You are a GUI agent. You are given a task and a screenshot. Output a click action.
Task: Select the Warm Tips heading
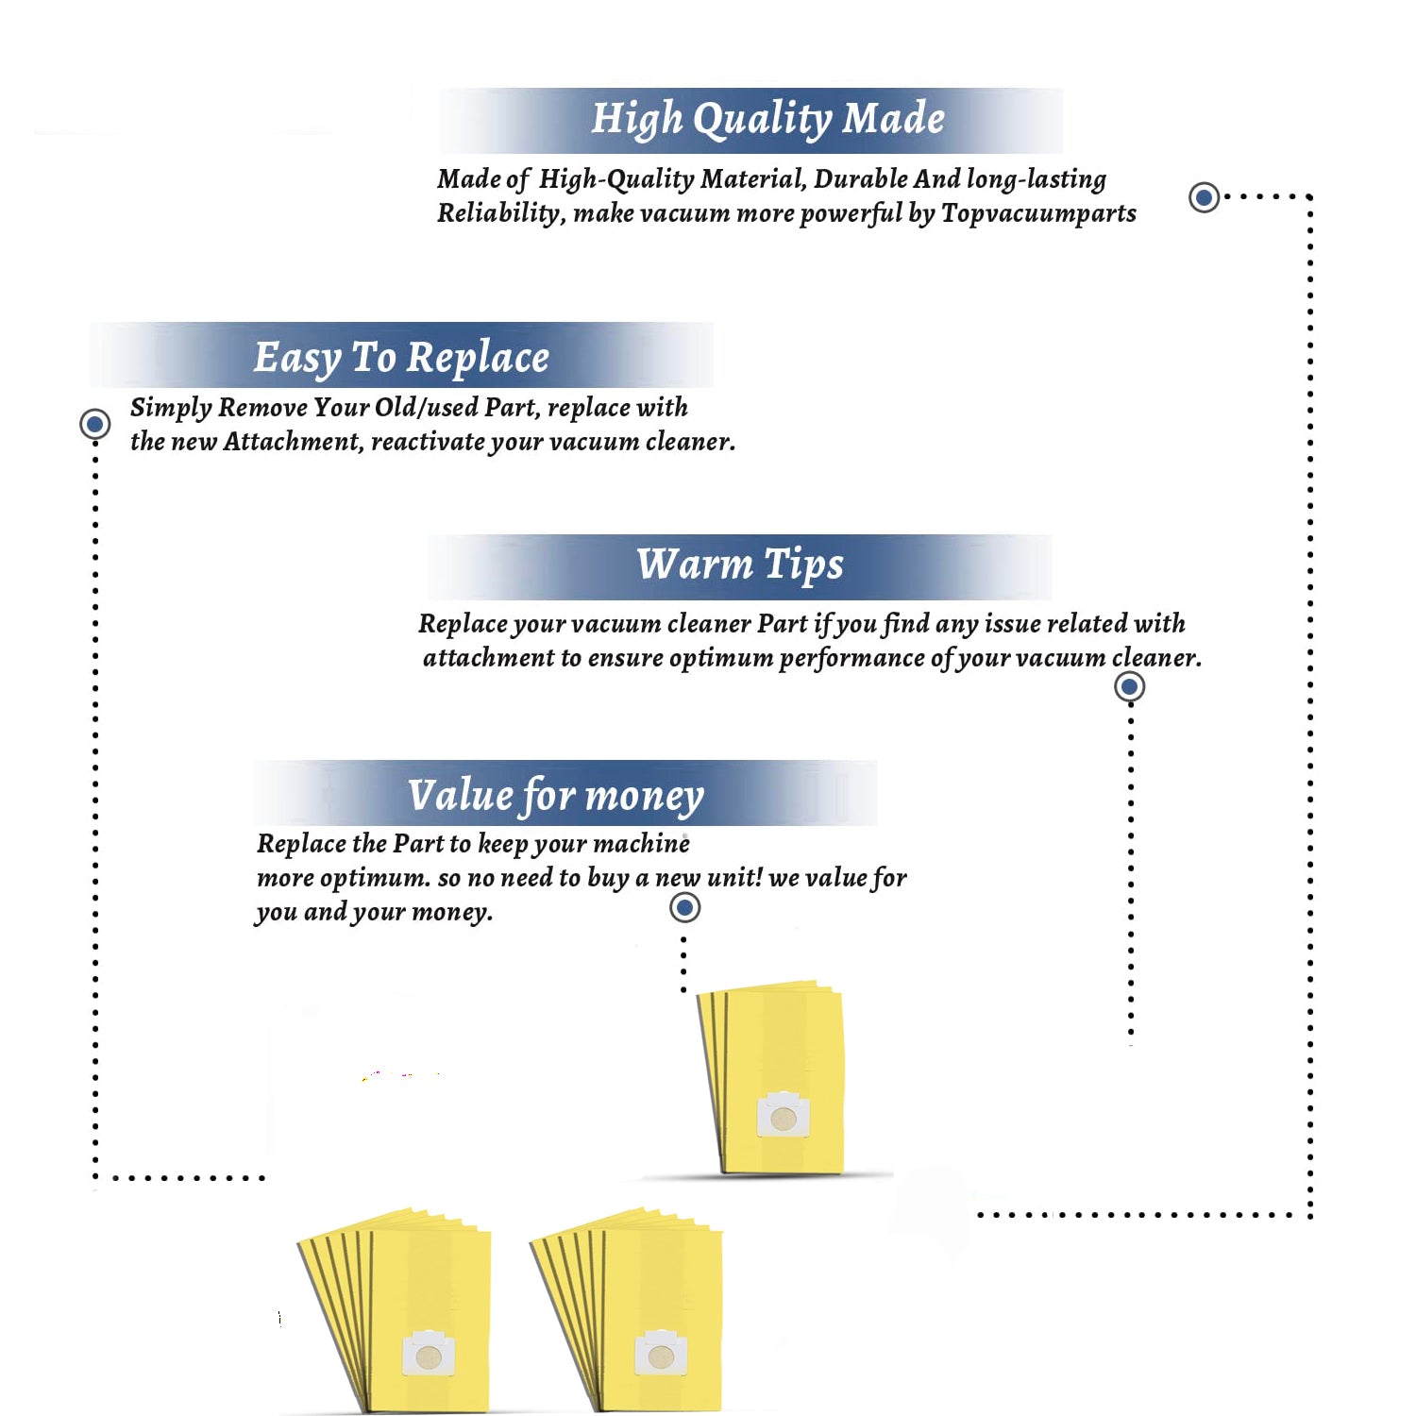[739, 565]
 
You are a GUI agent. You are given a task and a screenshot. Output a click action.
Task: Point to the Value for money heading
[556, 796]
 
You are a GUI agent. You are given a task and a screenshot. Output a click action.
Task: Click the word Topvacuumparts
[1038, 214]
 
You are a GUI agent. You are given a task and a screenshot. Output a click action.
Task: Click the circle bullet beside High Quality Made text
[1204, 197]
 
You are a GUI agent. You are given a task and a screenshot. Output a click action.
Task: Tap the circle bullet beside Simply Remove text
[94, 424]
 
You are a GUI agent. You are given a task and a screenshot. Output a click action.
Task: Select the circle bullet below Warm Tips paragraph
[1129, 686]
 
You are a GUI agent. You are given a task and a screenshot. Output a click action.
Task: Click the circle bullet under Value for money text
[684, 907]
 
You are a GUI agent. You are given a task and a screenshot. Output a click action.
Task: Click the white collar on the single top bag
[784, 1115]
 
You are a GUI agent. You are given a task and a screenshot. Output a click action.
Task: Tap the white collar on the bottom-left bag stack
[429, 1354]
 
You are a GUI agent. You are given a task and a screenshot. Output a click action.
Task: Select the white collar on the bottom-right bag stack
[661, 1354]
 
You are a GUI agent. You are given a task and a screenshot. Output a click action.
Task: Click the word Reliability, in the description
[501, 214]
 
